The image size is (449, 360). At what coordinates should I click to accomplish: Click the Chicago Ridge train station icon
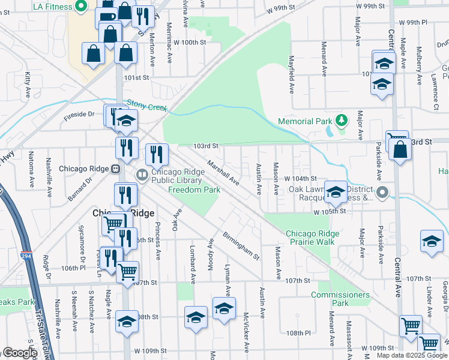pyautogui.click(x=115, y=169)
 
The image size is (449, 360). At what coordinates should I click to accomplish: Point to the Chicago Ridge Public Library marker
pyautogui.click(x=142, y=175)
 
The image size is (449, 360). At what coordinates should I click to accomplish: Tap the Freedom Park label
pyautogui.click(x=194, y=190)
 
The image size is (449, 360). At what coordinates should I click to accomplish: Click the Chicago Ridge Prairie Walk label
pyautogui.click(x=309, y=238)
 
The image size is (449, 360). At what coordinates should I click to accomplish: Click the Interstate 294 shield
pyautogui.click(x=26, y=255)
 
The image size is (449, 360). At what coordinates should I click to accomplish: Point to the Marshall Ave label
pyautogui.click(x=223, y=172)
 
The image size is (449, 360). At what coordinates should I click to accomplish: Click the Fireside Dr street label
pyautogui.click(x=79, y=113)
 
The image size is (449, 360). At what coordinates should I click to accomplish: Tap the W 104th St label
pyautogui.click(x=300, y=179)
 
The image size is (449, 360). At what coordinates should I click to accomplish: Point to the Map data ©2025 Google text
pyautogui.click(x=412, y=355)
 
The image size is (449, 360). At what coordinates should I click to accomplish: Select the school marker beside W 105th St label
pyautogui.click(x=336, y=192)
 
